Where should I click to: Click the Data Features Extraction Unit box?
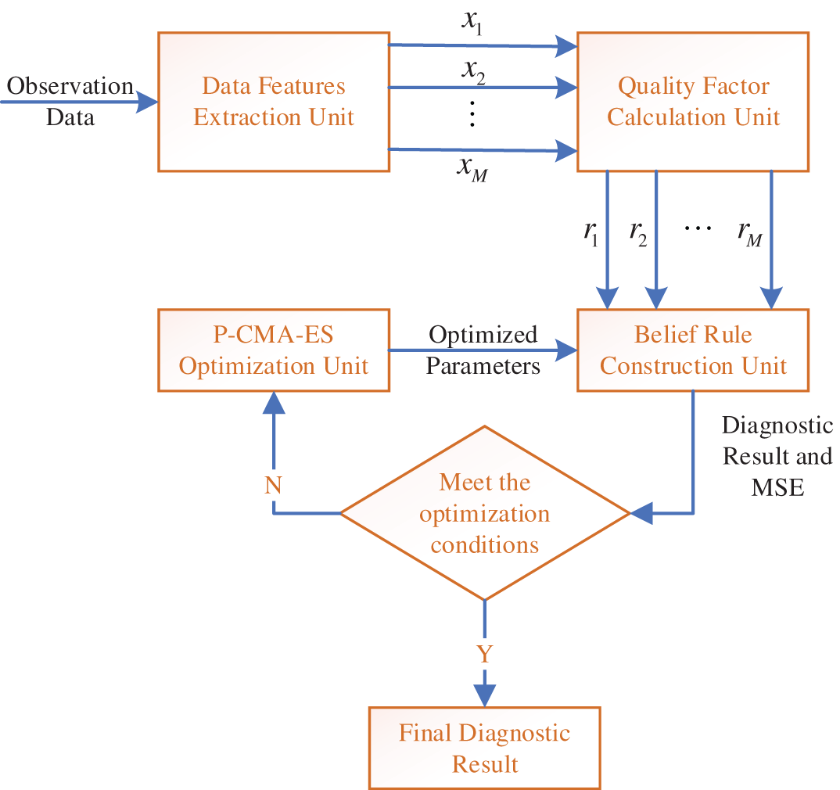point(274,102)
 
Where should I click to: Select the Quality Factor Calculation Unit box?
point(693,102)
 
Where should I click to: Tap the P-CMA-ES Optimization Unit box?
point(274,350)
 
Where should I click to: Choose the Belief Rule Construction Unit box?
point(693,350)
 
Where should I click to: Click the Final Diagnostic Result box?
point(485,749)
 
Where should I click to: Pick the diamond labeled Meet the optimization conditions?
point(485,513)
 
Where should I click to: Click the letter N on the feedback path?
point(273,485)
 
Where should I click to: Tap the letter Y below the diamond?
point(485,654)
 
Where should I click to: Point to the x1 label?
point(472,23)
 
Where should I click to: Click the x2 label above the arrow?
point(473,71)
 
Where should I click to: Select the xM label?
point(472,169)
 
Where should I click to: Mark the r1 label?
point(591,234)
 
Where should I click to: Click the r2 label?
point(638,234)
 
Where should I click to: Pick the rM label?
point(750,234)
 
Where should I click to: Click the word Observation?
point(70,86)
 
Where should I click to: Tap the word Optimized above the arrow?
point(483,335)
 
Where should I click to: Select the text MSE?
point(777,487)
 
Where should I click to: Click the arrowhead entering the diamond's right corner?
point(641,513)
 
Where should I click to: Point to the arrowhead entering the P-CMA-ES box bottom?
point(274,402)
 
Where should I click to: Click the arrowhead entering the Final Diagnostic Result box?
point(485,695)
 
